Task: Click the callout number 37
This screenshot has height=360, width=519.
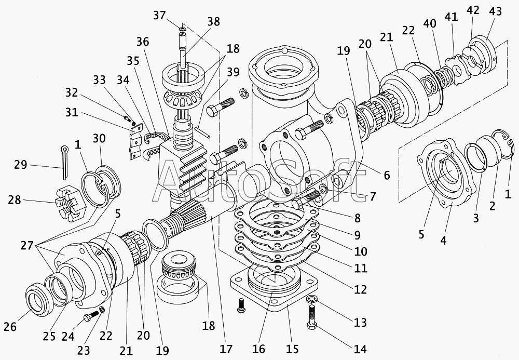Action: pos(159,15)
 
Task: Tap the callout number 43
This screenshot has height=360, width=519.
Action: pos(495,11)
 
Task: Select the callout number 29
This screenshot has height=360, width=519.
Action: pos(20,164)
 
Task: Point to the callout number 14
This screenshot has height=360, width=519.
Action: pos(360,349)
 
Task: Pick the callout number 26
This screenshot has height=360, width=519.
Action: pos(10,327)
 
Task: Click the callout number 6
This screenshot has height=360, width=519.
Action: pos(387,175)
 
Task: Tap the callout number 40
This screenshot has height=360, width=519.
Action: pos(429,23)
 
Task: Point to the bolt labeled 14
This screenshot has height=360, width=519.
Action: pos(312,317)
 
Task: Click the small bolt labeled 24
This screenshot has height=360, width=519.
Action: pos(91,316)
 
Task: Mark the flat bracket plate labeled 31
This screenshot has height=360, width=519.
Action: pos(136,141)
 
